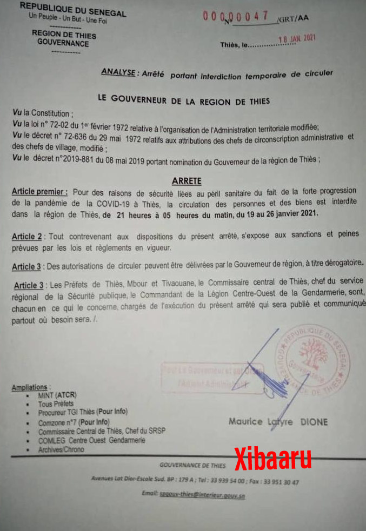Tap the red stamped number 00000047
pyautogui.click(x=235, y=16)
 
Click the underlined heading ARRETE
pyautogui.click(x=186, y=182)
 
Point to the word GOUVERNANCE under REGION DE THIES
pyautogui.click(x=63, y=43)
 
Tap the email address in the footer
pyautogui.click(x=201, y=494)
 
